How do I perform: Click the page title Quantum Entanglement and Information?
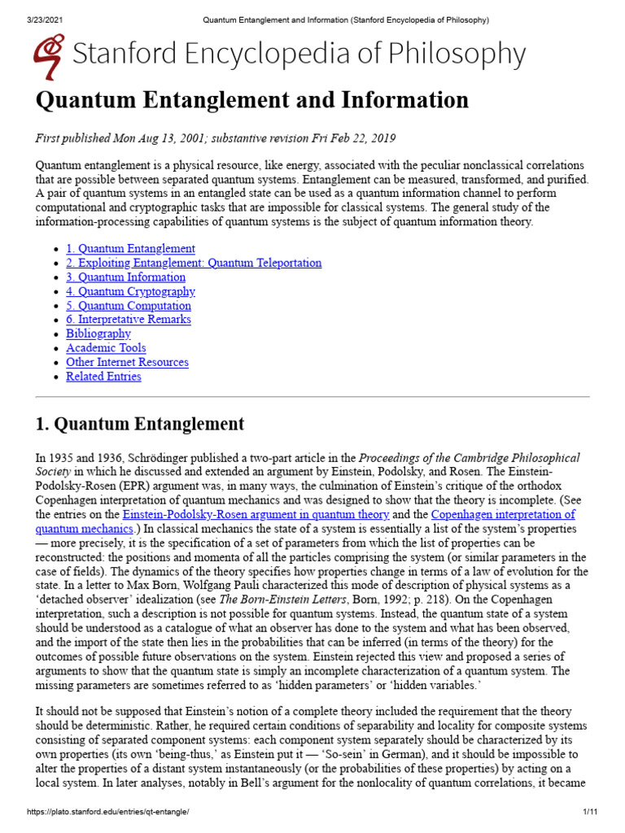coord(252,100)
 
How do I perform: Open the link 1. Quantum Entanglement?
coord(130,248)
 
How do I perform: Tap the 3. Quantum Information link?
coord(125,277)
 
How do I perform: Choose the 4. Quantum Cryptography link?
coord(130,291)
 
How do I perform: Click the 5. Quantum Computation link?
coord(129,306)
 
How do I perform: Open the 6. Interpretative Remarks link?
coord(129,320)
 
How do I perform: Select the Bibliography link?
coord(98,334)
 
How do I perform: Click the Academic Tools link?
coord(106,348)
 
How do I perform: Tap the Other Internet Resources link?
coord(127,362)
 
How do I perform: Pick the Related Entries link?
coord(103,377)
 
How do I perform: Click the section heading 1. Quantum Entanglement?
coord(140,424)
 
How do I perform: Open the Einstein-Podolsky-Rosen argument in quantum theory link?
coord(256,515)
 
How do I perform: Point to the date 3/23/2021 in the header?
coord(33,19)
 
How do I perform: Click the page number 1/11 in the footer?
coord(590,813)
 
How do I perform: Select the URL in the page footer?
coord(107,813)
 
